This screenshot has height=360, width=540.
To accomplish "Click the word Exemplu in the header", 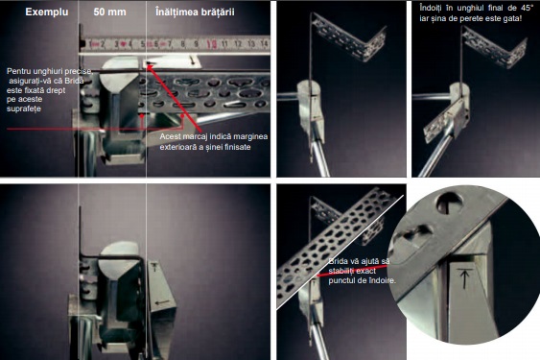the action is pos(47,12).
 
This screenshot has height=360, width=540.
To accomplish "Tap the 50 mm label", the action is pos(109,12).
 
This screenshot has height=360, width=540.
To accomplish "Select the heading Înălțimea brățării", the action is pos(195,12).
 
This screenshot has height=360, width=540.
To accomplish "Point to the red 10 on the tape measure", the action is pos(211,44).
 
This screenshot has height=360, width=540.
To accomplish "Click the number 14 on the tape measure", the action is pos(264,43).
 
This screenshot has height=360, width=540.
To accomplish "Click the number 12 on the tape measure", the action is pos(238,44).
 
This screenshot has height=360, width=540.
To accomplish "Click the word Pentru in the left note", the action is pos(17,71).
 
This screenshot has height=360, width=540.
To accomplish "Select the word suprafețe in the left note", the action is pos(24,108).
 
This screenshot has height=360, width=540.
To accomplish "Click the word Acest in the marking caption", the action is pos(170,136).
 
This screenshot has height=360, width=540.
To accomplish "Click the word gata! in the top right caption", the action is pos(512,18).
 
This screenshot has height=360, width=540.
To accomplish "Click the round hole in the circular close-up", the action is pos(450,203).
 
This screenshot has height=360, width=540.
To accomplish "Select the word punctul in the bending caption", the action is pos(340,281).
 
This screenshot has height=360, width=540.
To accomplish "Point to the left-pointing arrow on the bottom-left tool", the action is pos(162,302).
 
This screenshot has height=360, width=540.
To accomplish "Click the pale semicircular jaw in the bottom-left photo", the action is pos(118,256).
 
